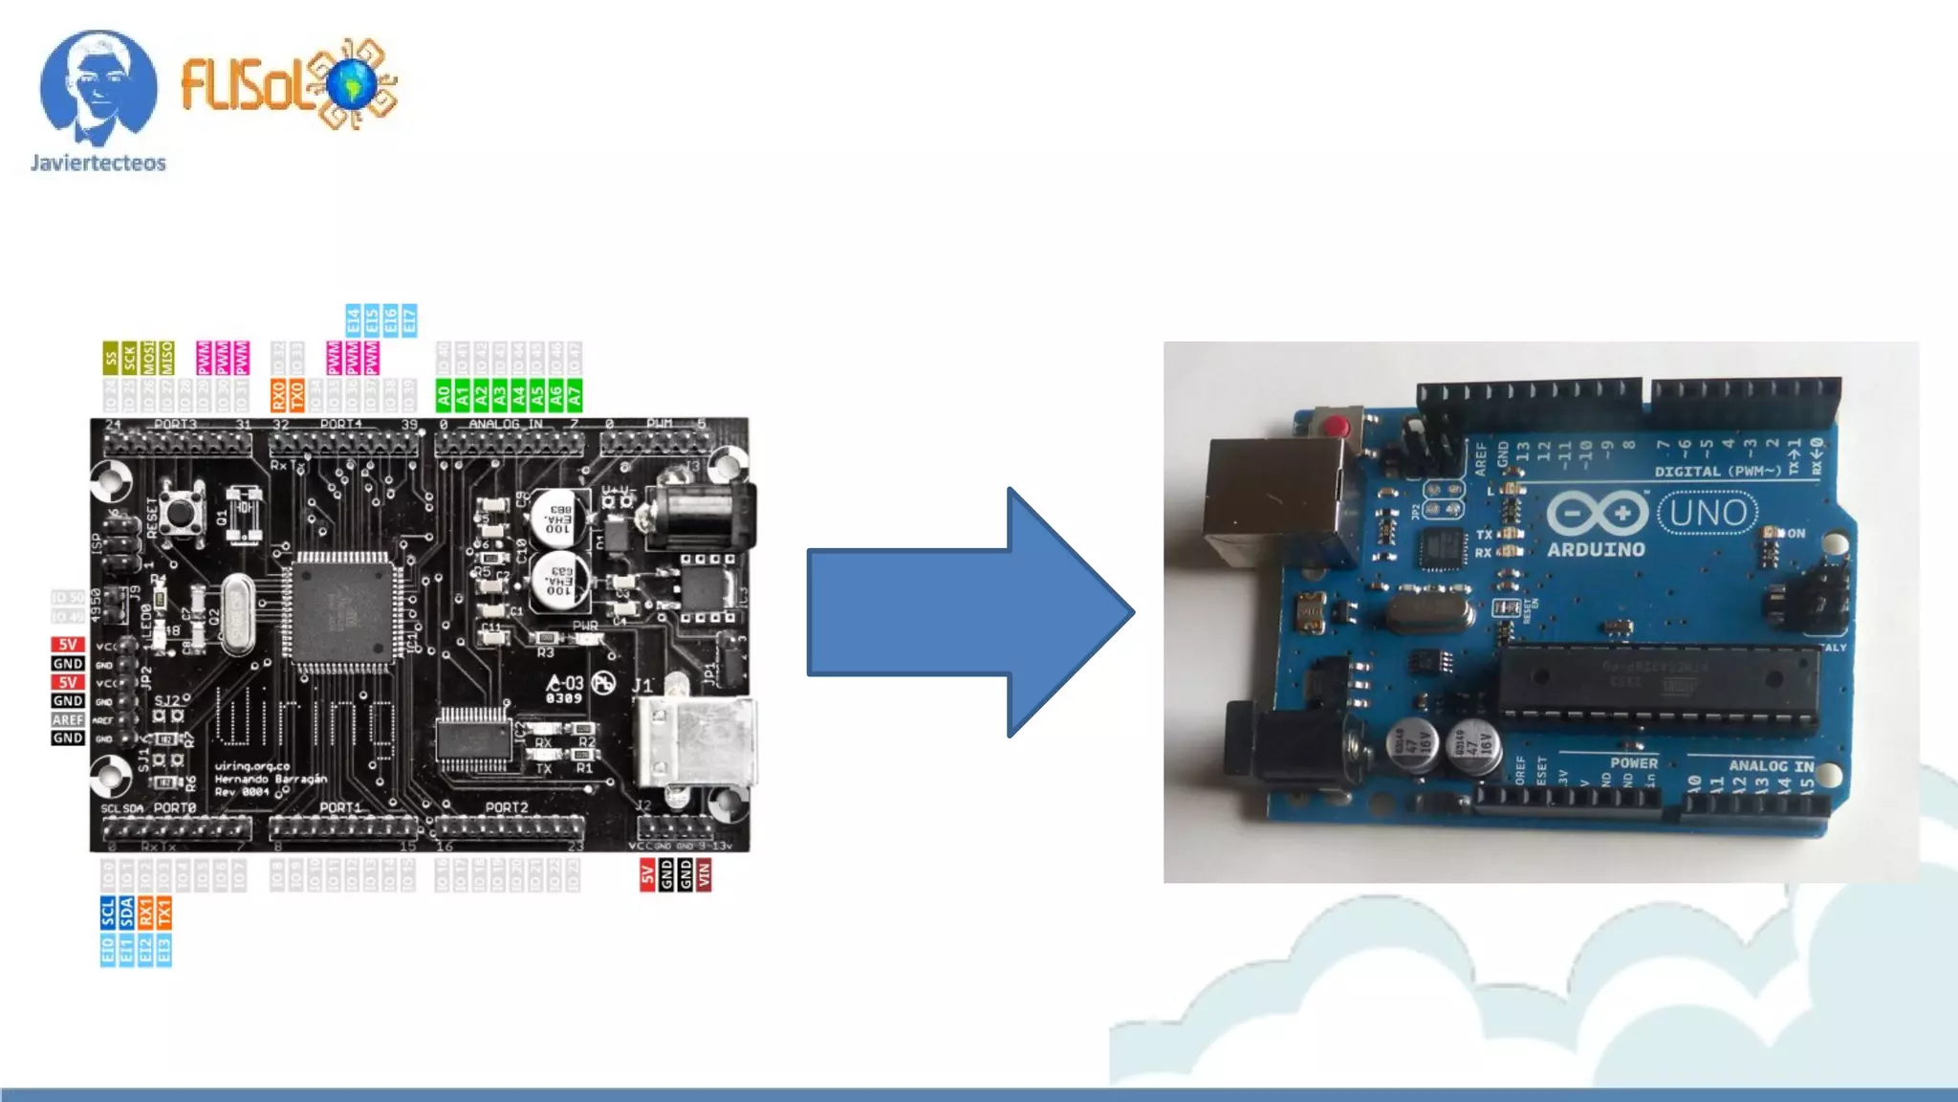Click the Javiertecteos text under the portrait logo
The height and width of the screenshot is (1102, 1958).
(x=98, y=163)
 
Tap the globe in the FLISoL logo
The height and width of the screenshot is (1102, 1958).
(x=353, y=83)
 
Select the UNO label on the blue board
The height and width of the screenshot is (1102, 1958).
(x=1708, y=514)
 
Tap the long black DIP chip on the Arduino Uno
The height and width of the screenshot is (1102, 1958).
(x=1659, y=681)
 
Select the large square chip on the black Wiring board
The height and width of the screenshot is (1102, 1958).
(x=341, y=609)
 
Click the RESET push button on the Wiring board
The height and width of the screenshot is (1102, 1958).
(x=180, y=512)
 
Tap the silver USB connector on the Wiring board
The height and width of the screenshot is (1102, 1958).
(x=696, y=739)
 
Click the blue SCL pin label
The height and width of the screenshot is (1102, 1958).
(x=108, y=913)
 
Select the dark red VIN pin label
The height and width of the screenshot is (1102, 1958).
(x=704, y=874)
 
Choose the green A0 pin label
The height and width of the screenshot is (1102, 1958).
(x=444, y=395)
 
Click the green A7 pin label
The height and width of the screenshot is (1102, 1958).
(x=574, y=395)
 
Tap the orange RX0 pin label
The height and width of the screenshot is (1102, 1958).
(x=278, y=395)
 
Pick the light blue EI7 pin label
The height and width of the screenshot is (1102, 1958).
(x=409, y=320)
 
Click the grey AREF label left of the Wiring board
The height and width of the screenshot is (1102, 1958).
(x=68, y=719)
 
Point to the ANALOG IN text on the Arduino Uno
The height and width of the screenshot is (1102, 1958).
(x=1771, y=765)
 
